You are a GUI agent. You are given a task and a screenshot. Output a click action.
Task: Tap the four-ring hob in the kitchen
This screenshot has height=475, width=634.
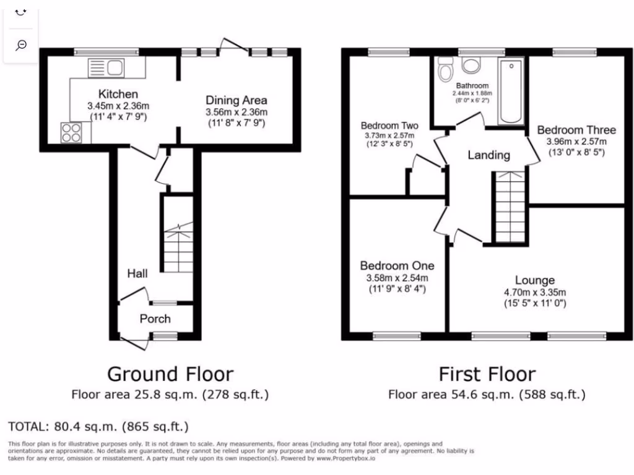71,133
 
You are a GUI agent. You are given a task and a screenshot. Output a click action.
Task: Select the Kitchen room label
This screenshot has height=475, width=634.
118,94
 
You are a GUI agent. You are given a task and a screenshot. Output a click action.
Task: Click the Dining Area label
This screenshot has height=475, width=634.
237,100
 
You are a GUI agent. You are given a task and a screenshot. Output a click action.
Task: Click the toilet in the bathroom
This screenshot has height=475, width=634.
445,71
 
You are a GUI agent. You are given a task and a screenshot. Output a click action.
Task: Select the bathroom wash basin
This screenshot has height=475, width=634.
474,66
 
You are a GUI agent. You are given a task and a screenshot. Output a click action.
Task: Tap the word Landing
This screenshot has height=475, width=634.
489,155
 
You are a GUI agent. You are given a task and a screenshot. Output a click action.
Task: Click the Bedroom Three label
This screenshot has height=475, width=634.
576,130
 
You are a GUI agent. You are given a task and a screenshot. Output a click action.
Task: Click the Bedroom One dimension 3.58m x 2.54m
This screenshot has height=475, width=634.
397,278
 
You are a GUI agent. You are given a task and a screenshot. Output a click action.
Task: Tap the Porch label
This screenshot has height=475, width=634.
155,319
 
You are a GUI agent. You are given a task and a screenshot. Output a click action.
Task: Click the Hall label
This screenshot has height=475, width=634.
137,273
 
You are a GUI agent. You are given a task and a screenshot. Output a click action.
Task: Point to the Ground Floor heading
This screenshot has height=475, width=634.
170,374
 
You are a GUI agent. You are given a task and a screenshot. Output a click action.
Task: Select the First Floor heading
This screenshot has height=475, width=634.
487,374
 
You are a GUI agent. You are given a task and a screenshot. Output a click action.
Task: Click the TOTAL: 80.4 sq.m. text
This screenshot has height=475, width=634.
98,427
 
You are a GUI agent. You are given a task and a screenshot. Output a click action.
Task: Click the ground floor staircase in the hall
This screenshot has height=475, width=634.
178,247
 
